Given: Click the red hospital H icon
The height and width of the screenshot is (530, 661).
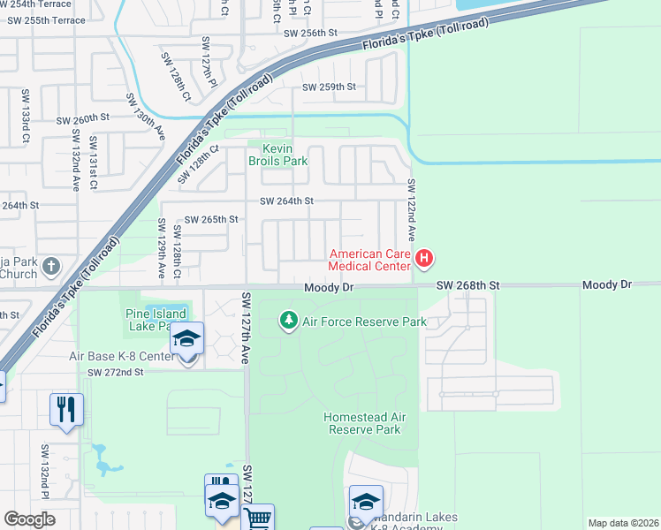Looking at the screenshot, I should tap(425, 259).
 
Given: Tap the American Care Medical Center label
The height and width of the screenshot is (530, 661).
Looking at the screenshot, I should tap(369, 260).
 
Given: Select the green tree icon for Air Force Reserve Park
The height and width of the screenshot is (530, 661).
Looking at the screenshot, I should tap(288, 320).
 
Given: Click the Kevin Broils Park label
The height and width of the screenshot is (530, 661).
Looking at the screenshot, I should tap(277, 155).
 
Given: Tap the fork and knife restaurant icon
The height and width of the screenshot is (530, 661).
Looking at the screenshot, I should tap(66, 409).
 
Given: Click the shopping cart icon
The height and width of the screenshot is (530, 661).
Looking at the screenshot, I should tap(257, 519).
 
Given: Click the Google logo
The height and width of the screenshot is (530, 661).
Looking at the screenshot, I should tap(29, 519).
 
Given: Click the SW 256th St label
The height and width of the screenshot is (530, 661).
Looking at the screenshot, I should tap(311, 33).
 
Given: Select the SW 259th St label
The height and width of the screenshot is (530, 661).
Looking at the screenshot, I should tap(329, 87).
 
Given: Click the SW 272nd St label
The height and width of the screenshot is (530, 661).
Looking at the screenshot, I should tap(115, 373).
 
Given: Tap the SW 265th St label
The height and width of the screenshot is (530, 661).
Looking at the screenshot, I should tap(210, 219).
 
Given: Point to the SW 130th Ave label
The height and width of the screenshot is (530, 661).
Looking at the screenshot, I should tap(145, 116).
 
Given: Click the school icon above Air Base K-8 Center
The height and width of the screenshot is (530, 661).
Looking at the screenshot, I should tap(186, 338).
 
